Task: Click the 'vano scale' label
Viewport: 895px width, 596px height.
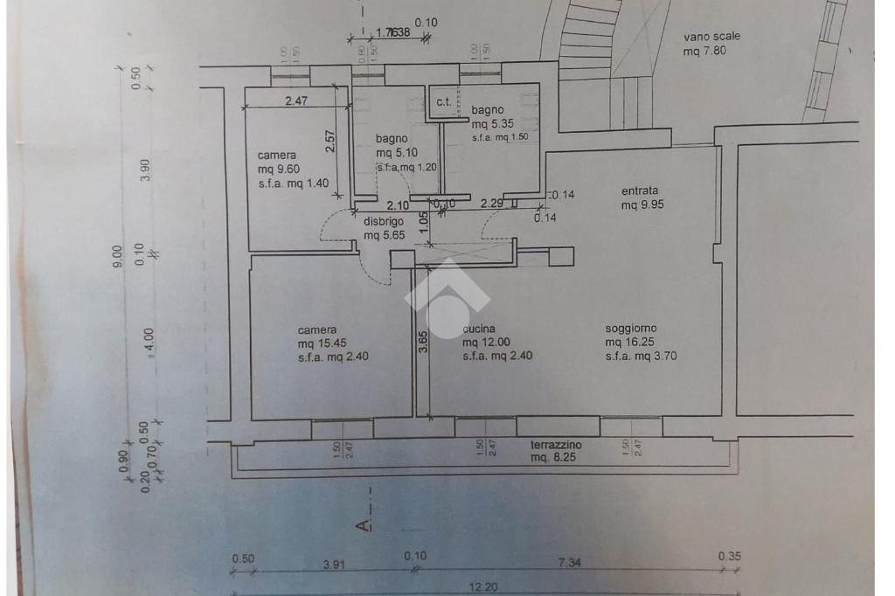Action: coord(711,37)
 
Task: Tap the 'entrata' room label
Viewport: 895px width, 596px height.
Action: coord(639,191)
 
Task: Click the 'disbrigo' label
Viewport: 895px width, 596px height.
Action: coord(384,221)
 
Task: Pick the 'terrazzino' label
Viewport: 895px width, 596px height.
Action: coord(556,445)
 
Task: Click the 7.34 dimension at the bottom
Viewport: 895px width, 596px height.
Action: coord(569,563)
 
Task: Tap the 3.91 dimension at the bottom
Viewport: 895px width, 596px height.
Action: coord(333,565)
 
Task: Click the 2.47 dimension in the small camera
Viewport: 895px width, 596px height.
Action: coord(296,101)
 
